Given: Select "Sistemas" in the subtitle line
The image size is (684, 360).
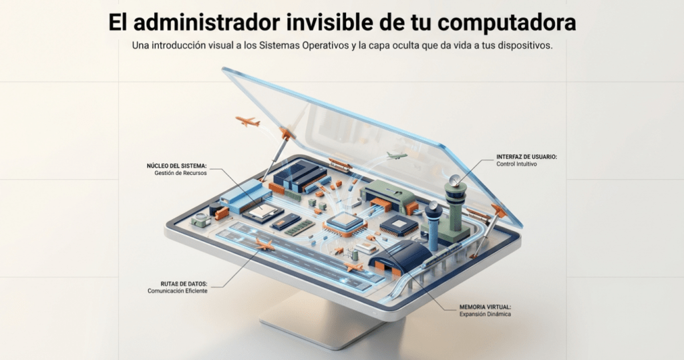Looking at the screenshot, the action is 279,45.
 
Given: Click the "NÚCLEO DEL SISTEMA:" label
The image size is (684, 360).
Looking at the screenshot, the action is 176,166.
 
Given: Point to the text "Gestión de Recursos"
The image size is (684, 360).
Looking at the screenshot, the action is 180,173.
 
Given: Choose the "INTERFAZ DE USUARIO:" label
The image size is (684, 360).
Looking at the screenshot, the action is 526,157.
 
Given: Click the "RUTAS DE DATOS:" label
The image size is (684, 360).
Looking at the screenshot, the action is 184,284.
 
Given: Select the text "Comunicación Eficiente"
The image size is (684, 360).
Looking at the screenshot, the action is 178,291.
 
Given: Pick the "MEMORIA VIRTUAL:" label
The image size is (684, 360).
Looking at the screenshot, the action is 485,307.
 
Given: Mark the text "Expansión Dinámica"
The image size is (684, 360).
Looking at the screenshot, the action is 485,314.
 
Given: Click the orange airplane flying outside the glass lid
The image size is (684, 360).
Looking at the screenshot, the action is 247,122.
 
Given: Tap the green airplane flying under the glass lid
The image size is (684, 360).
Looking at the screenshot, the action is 397,156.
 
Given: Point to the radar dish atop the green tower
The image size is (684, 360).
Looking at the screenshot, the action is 454,180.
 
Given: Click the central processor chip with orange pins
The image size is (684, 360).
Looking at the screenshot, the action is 345,224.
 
